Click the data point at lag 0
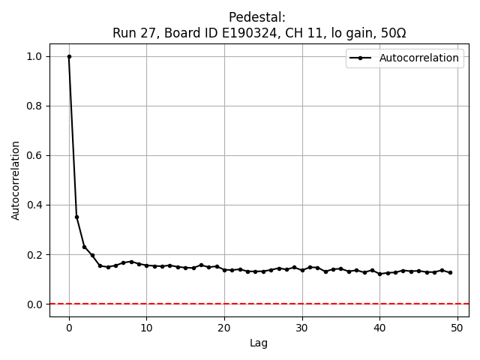pyautogui.click(x=69, y=56)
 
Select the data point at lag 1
pyautogui.click(x=76, y=217)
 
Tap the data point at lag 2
pyautogui.click(x=85, y=247)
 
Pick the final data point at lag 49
pyautogui.click(x=450, y=272)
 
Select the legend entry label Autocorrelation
pyautogui.click(x=419, y=58)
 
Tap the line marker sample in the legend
pyautogui.click(x=361, y=58)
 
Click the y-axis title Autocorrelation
pyautogui.click(x=16, y=180)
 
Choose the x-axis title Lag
pyautogui.click(x=259, y=343)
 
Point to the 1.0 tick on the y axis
pyautogui.click(x=35, y=56)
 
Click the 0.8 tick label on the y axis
pyautogui.click(x=35, y=106)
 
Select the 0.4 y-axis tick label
pyautogui.click(x=35, y=205)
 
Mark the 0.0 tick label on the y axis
pyautogui.click(x=35, y=304)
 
